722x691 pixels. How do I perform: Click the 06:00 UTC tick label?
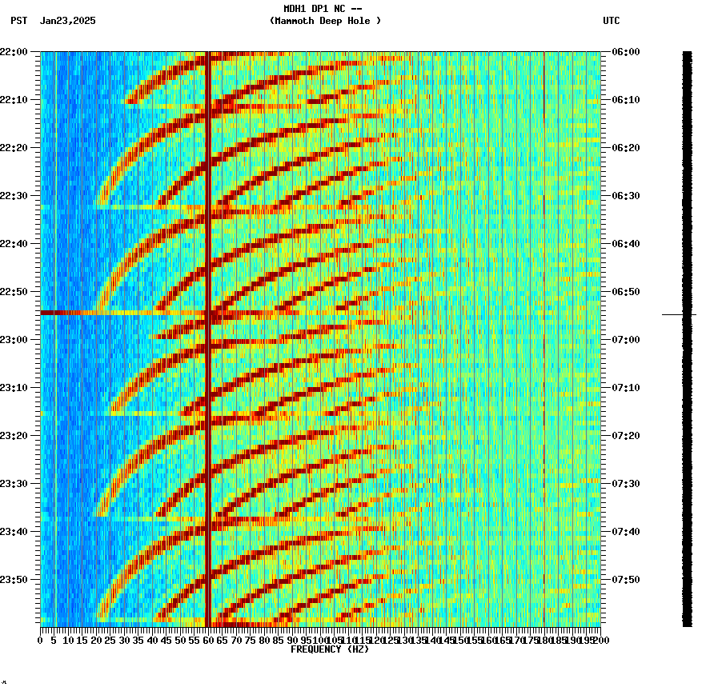pos(625,52)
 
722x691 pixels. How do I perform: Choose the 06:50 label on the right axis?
pos(625,292)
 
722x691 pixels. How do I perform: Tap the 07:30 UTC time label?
pos(625,484)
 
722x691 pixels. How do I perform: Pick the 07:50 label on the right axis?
pos(625,580)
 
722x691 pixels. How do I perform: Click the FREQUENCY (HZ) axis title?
pos(329,649)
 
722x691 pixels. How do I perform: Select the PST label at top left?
pos(19,21)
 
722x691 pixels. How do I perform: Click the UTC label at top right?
pos(611,21)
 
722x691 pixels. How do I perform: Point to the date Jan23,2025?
pos(67,21)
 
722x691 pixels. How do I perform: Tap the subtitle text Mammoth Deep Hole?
pos(325,21)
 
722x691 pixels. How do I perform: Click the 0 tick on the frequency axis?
pos(41,640)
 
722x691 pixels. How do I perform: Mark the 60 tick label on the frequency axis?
pos(208,640)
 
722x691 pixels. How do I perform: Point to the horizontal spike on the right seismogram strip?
pos(679,315)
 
